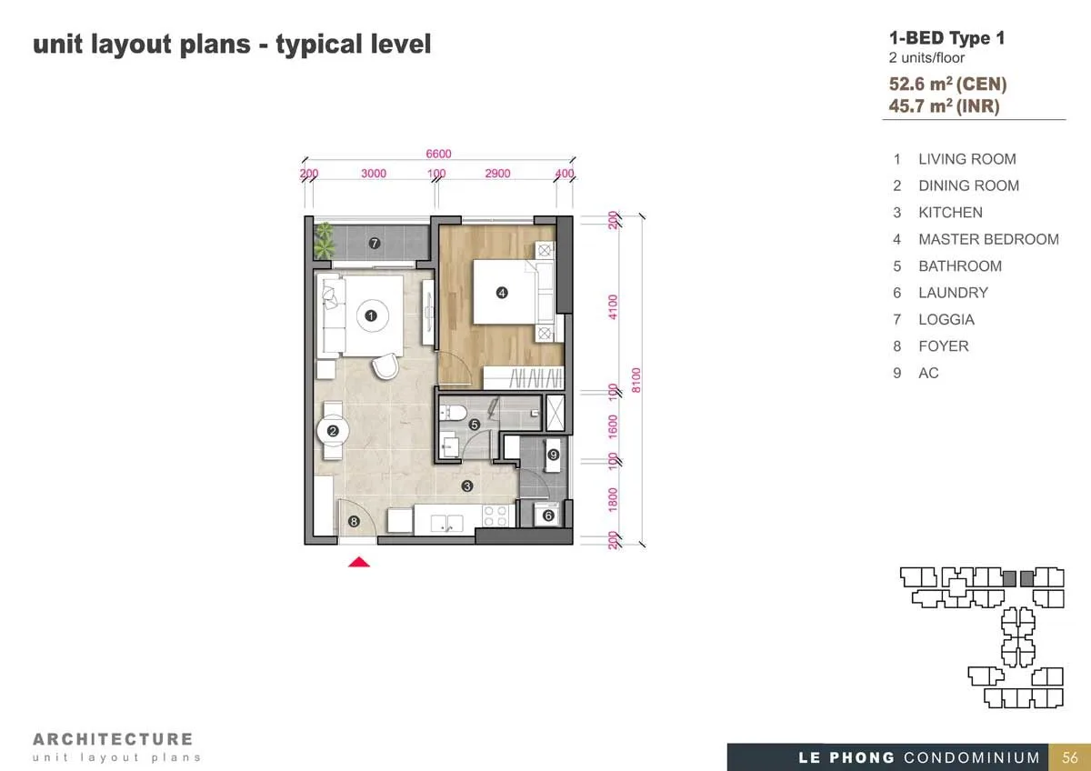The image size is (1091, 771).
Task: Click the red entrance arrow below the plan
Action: click(359, 562)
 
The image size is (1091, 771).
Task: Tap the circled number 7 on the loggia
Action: click(374, 243)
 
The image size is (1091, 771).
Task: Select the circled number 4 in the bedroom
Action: click(502, 293)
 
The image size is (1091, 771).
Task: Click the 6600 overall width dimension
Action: click(438, 154)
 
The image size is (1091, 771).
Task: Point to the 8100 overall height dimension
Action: click(636, 380)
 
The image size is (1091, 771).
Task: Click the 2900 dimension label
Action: click(497, 174)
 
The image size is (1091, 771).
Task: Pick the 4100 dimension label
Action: click(613, 306)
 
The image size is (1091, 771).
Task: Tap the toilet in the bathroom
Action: click(453, 413)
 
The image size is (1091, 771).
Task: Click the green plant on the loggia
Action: click(324, 240)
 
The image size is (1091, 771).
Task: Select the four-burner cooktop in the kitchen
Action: click(495, 516)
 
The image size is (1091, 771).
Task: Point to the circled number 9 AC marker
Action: click(553, 455)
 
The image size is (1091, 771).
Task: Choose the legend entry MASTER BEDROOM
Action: click(989, 239)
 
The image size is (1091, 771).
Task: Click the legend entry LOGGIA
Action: click(946, 319)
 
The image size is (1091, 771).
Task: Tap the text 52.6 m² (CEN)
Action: click(947, 84)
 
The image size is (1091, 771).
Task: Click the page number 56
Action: click(1069, 757)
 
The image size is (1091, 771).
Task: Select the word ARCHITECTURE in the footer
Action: click(113, 739)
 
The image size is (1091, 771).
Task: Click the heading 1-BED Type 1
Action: click(946, 38)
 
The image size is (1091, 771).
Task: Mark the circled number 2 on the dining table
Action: click(333, 431)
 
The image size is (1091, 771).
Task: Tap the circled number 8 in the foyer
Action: click(354, 522)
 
